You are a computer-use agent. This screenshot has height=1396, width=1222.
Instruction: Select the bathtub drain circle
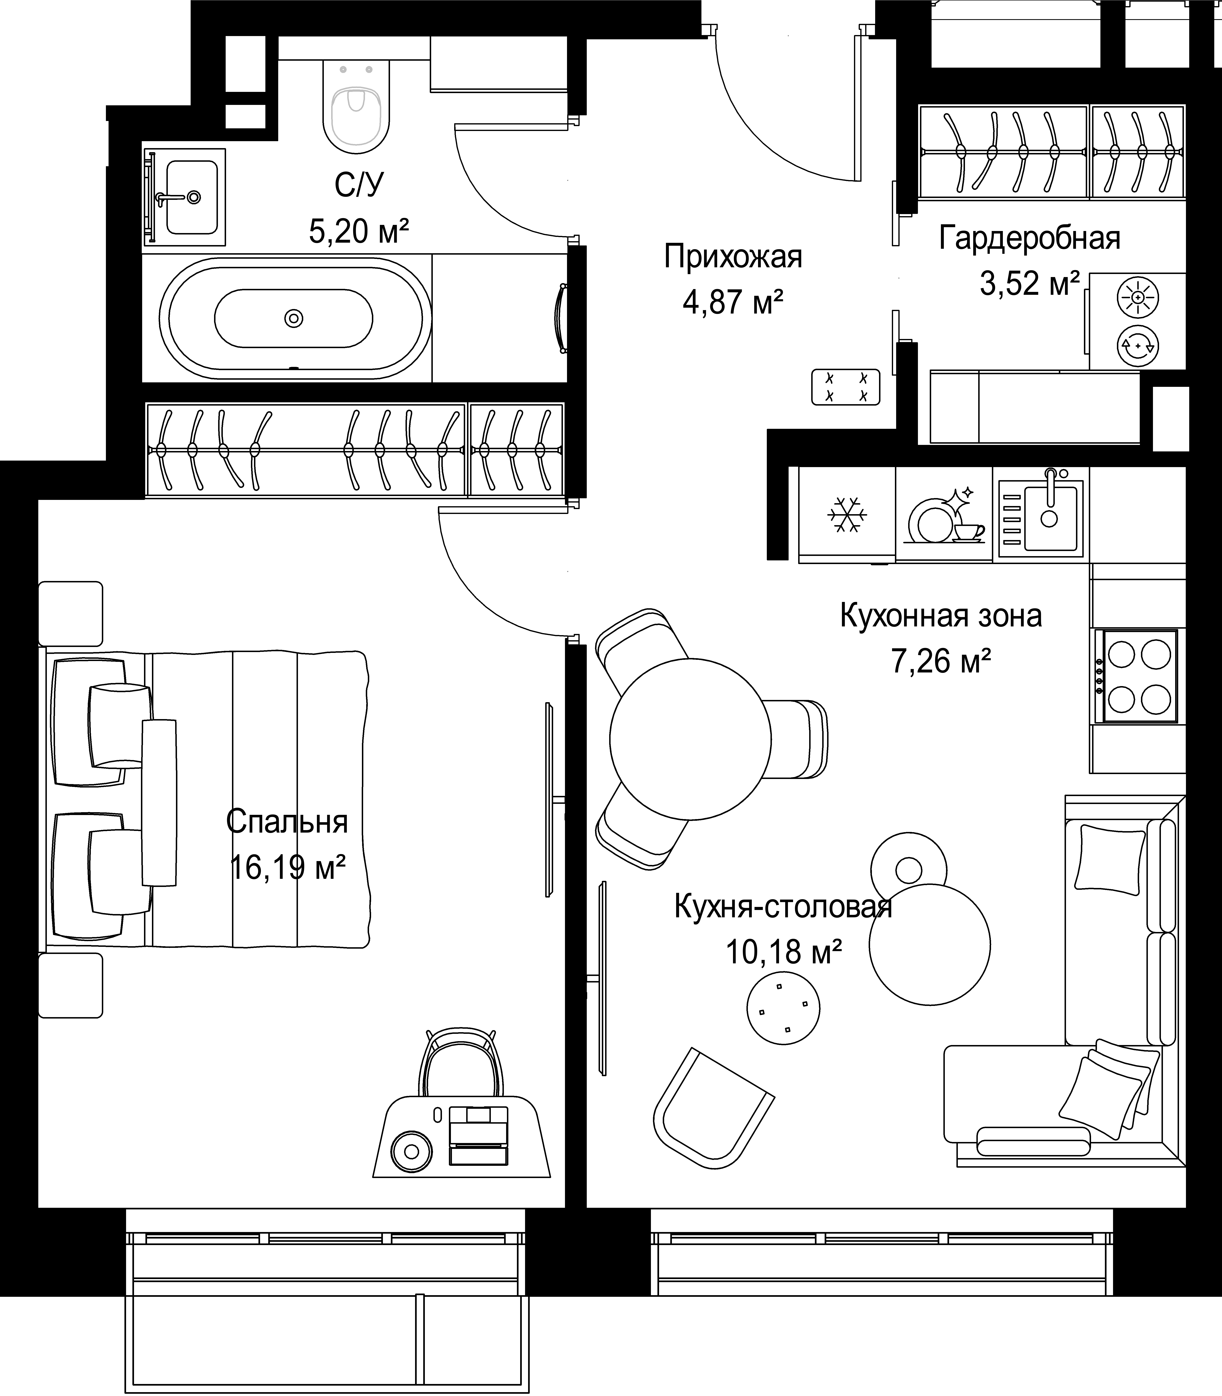pyautogui.click(x=294, y=318)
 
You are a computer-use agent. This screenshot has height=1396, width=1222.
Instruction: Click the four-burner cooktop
pyautogui.click(x=1136, y=676)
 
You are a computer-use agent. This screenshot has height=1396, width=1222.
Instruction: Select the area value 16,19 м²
pyautogui.click(x=287, y=868)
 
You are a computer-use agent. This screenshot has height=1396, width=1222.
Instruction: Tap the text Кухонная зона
pyautogui.click(x=941, y=616)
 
